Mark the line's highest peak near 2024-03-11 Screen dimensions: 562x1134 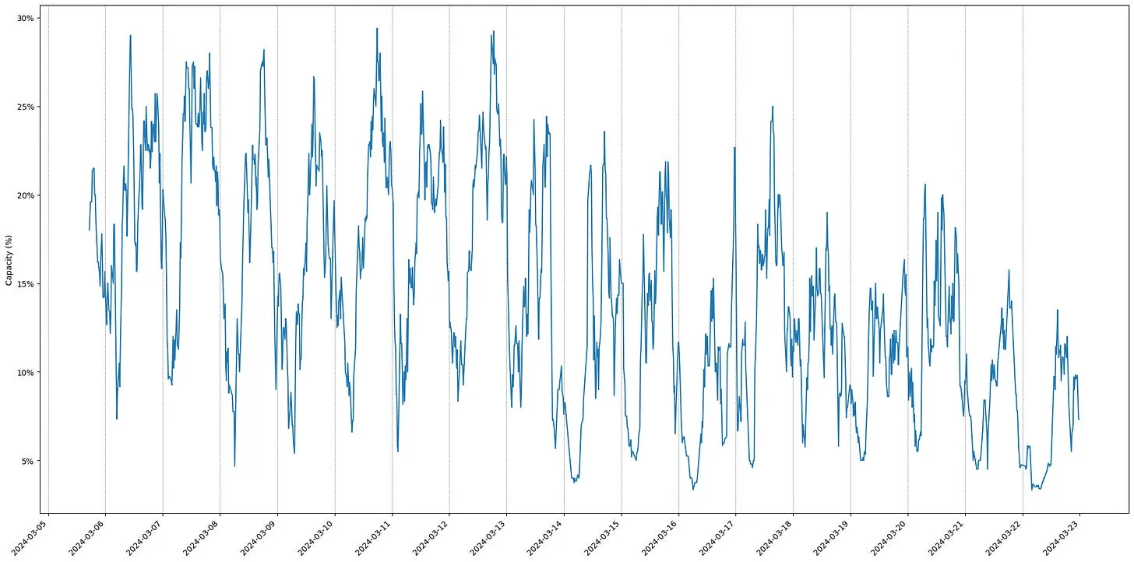coord(377,29)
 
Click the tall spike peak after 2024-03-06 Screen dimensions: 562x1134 coord(130,35)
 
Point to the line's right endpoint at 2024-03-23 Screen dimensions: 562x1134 coord(1079,419)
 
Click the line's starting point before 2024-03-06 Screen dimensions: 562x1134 coord(90,230)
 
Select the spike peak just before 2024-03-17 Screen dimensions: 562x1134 coord(734,147)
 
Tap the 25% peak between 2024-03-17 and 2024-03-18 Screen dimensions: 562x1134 coord(773,107)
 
